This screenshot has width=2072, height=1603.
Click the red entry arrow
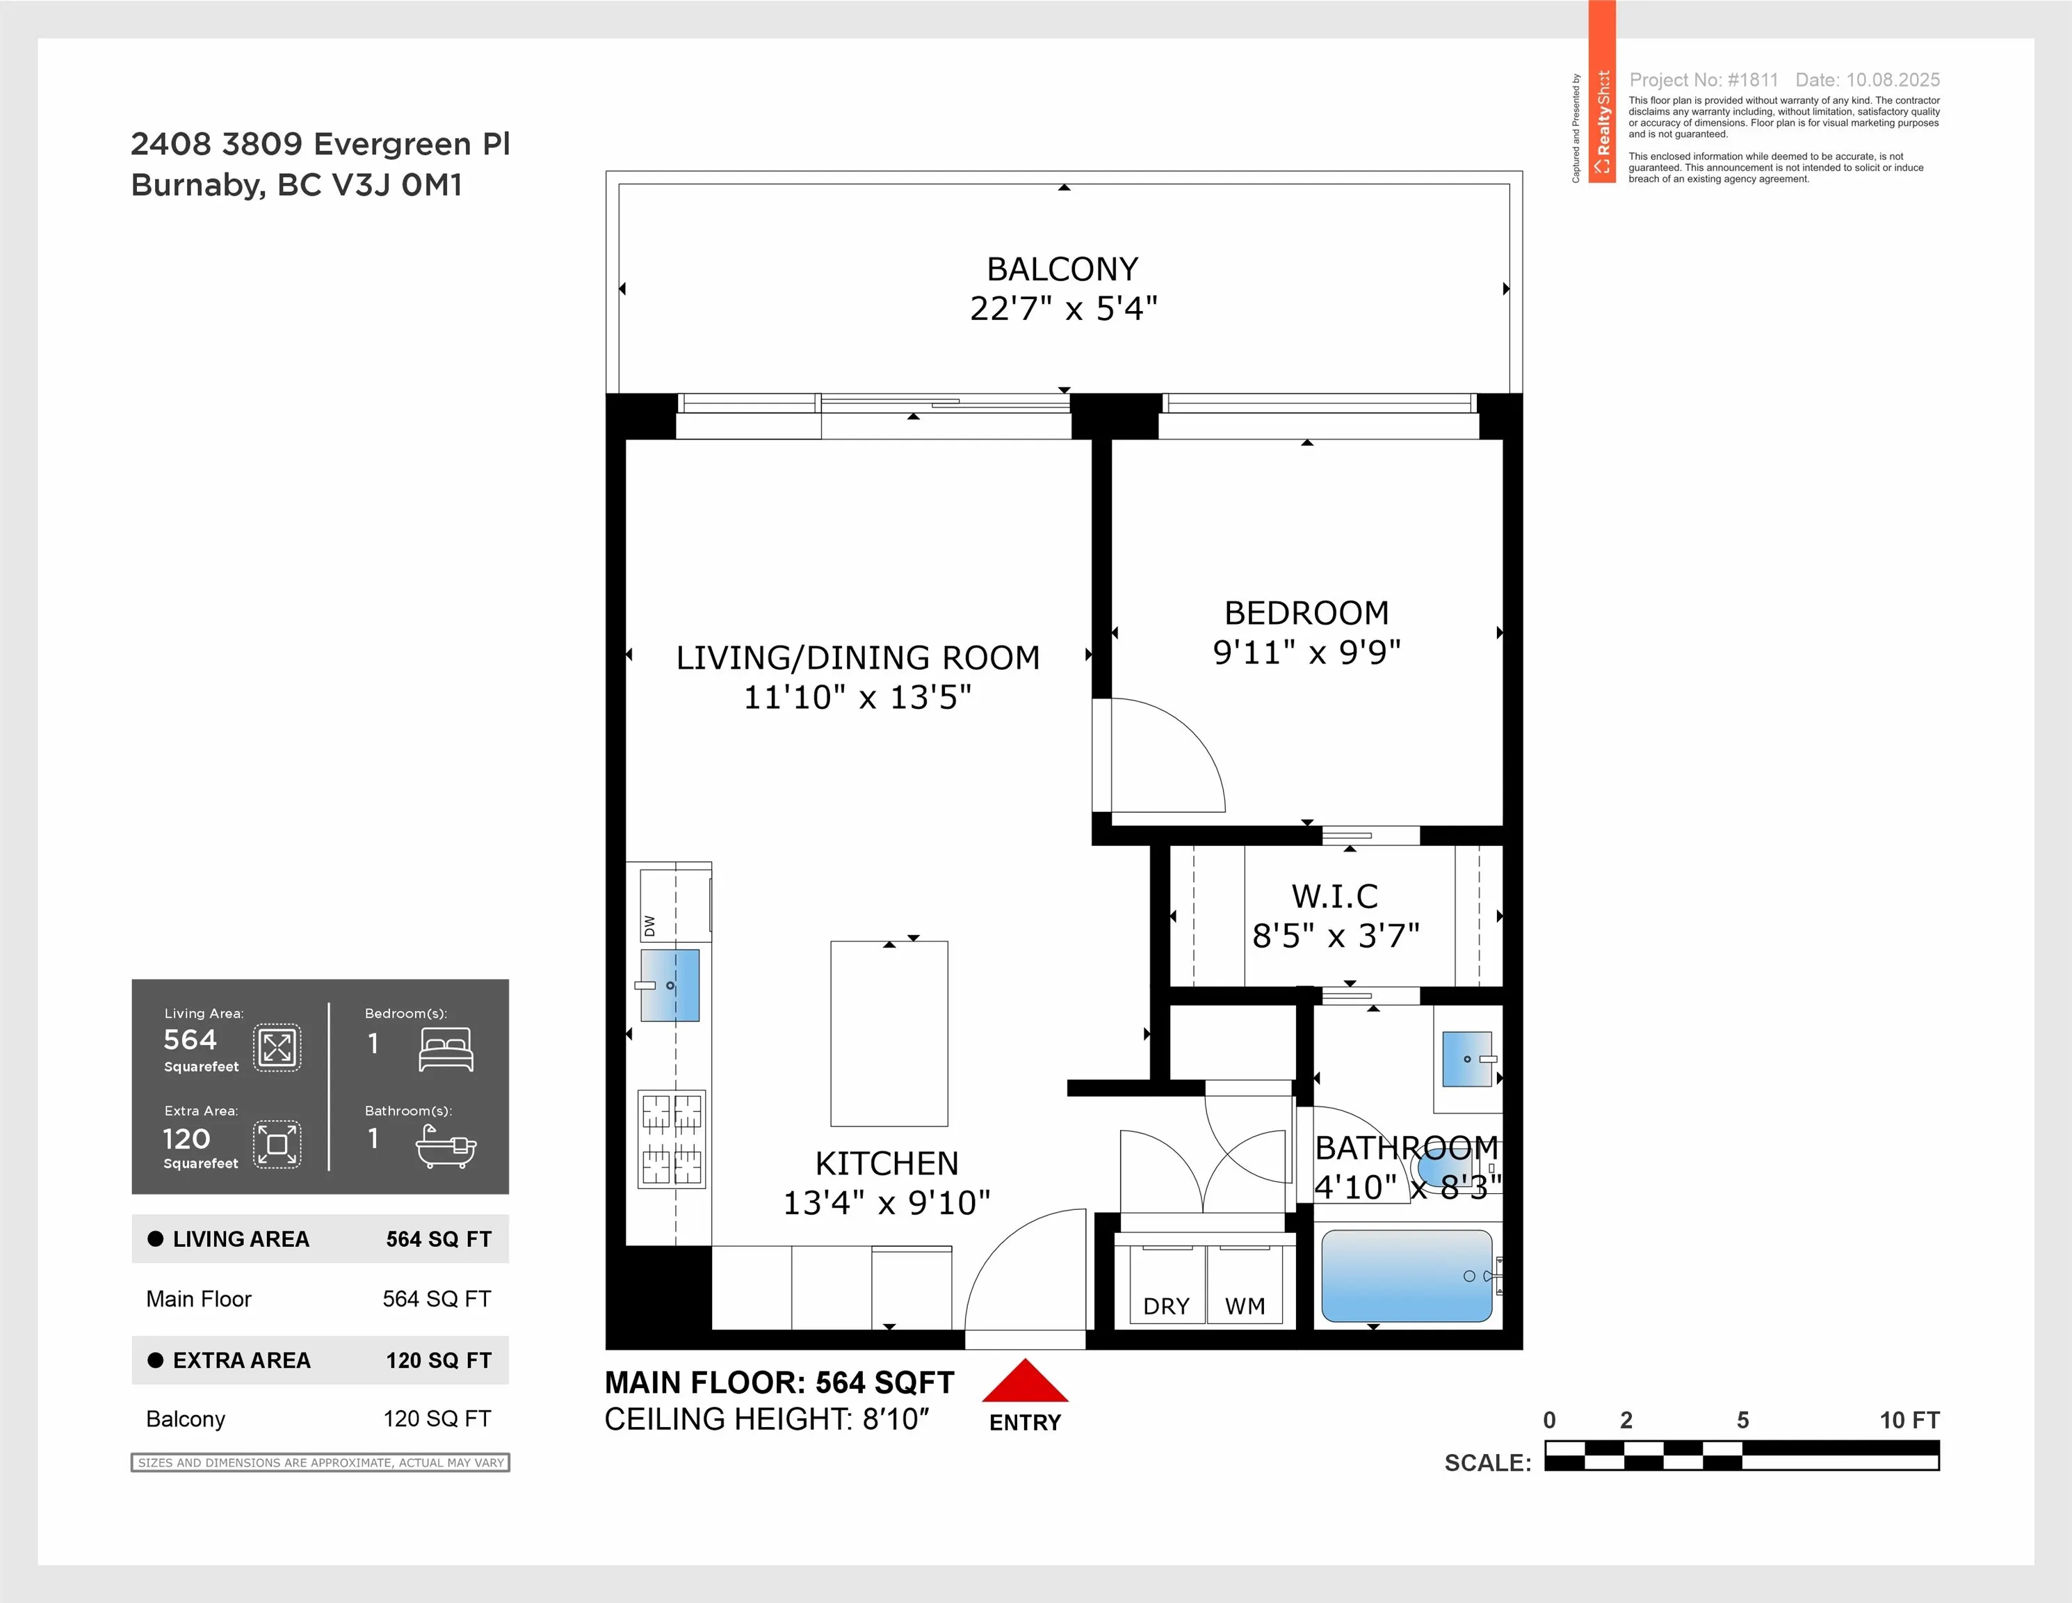[x=1025, y=1381]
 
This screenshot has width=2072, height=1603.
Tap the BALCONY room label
[x=1062, y=269]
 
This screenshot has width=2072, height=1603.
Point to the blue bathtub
[x=1407, y=1275]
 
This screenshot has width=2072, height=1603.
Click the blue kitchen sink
[x=670, y=985]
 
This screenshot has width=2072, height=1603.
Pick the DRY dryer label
[x=1166, y=1306]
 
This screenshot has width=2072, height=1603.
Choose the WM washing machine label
[x=1245, y=1306]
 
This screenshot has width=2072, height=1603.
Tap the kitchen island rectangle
[x=889, y=1034]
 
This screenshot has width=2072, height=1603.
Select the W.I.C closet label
[x=1335, y=896]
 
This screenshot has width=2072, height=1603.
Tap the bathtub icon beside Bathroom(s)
[x=446, y=1147]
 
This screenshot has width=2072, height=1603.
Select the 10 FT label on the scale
[x=1910, y=1420]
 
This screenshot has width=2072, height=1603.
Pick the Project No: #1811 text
[x=1704, y=80]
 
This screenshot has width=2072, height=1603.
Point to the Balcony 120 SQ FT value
[x=437, y=1419]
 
